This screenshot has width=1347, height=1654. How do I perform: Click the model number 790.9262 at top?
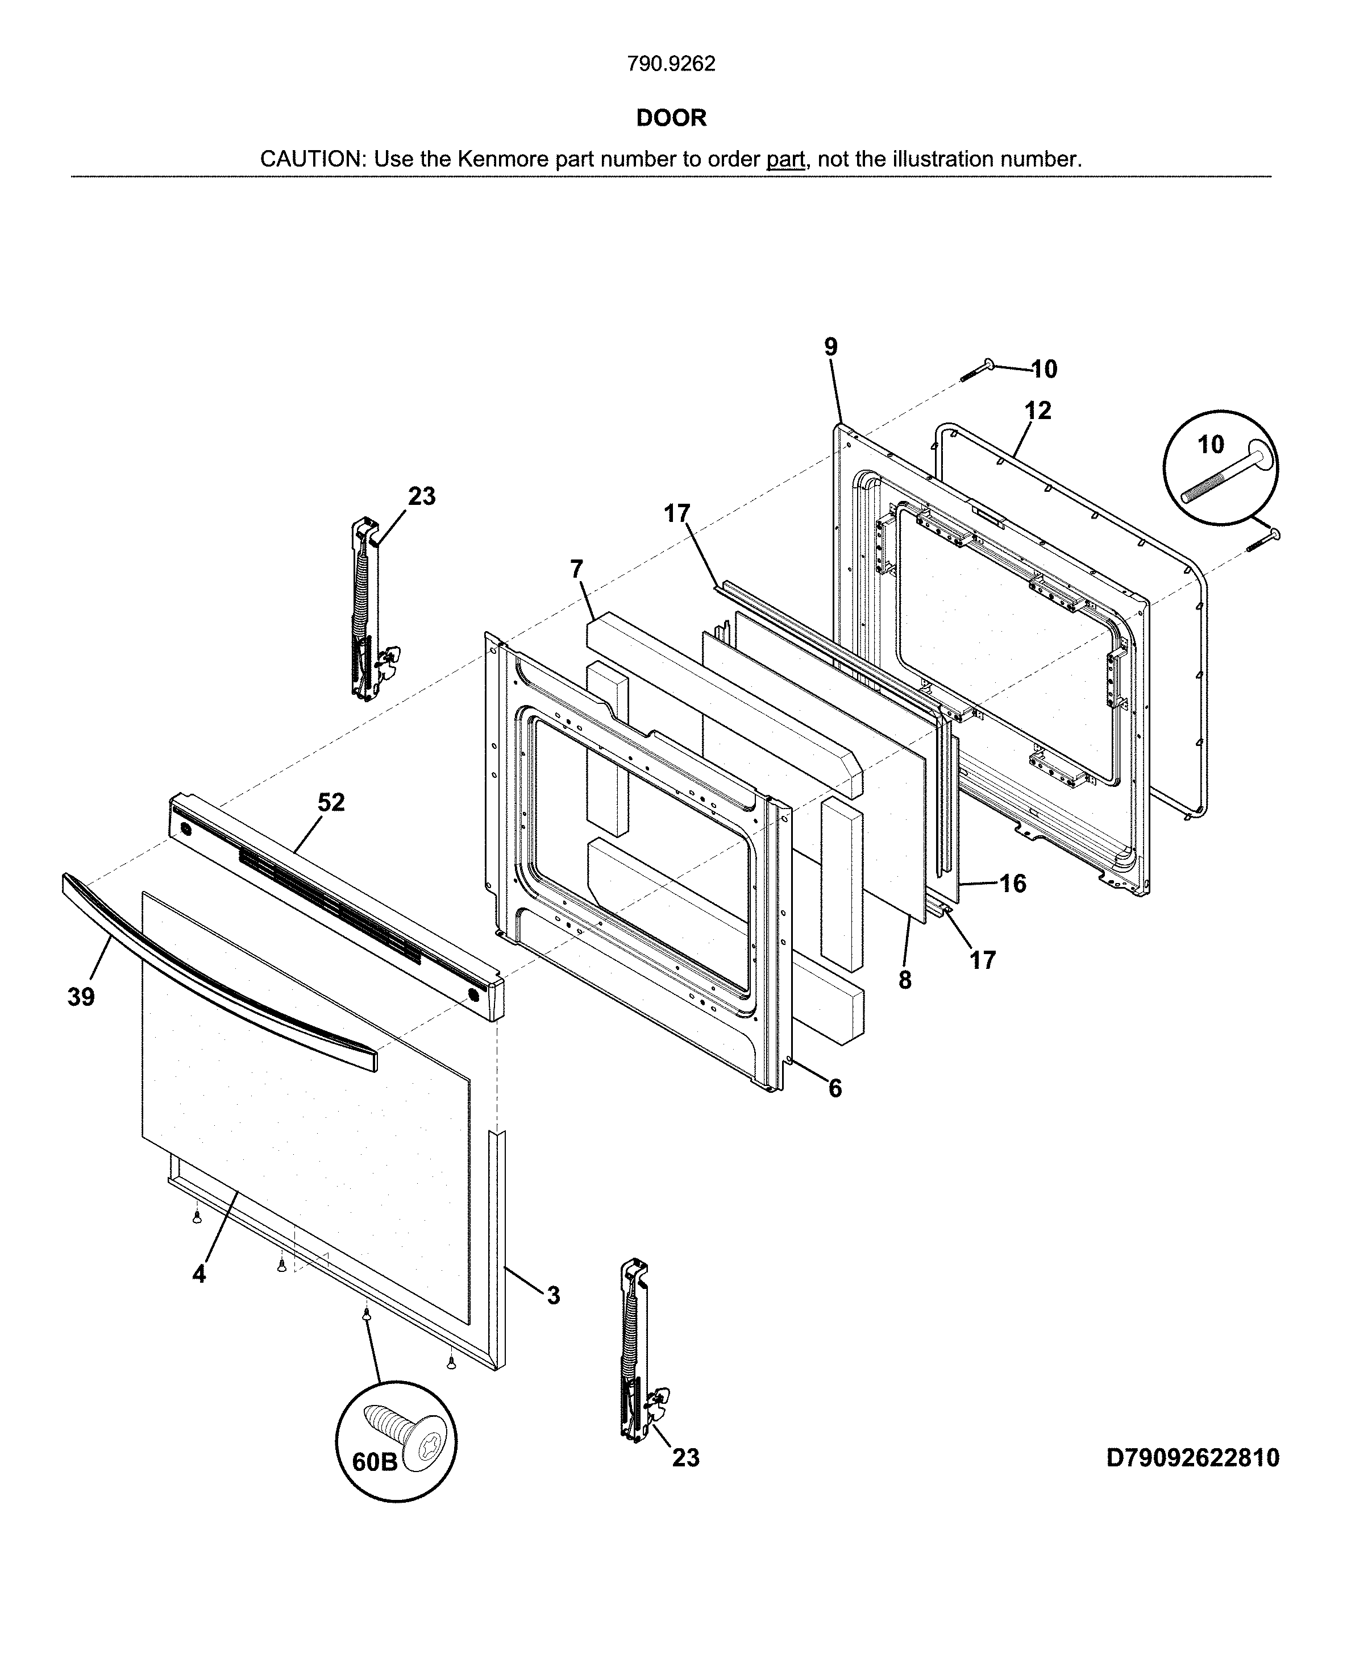click(x=671, y=64)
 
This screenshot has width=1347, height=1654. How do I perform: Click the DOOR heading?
click(x=671, y=118)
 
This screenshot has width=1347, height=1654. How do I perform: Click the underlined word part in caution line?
click(x=785, y=159)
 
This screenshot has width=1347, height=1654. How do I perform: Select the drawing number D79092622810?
click(x=1192, y=1458)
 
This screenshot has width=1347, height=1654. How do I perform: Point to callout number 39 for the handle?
click(x=81, y=997)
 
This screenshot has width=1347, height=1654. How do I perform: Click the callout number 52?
click(x=331, y=802)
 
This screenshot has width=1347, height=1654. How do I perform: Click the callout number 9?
click(x=831, y=347)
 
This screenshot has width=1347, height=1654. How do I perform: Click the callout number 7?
click(x=576, y=570)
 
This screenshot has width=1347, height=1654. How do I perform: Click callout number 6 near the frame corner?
click(x=835, y=1089)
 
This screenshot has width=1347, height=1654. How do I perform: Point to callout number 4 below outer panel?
click(x=199, y=1274)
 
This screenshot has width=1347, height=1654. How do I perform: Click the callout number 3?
click(x=552, y=1295)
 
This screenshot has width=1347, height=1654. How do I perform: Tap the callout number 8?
click(x=905, y=980)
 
